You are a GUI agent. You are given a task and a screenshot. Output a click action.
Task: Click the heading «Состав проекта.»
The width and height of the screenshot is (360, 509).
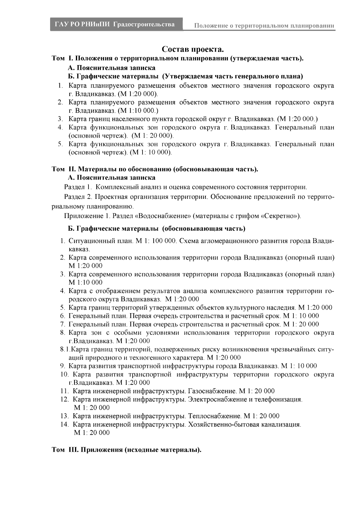pyautogui.click(x=193, y=49)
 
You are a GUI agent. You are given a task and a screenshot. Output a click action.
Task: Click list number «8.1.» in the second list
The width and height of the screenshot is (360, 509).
pyautogui.click(x=65, y=349)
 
